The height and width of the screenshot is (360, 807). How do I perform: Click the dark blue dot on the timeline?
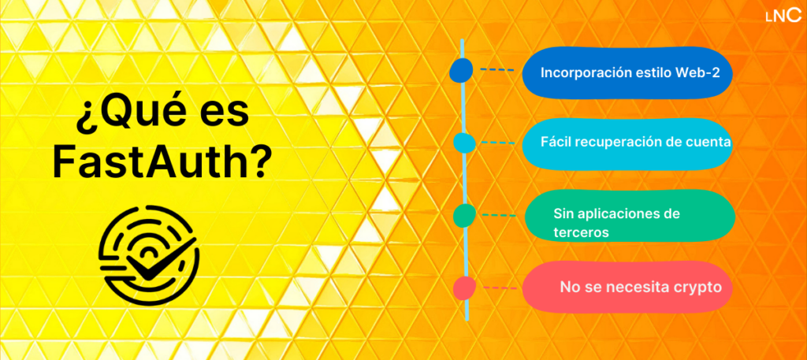click(x=460, y=71)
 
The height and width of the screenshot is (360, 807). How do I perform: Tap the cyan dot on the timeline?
click(x=464, y=143)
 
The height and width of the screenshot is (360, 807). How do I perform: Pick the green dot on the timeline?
click(x=464, y=214)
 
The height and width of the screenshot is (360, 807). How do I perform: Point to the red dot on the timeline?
click(x=464, y=288)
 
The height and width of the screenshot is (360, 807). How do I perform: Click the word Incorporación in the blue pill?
click(x=583, y=72)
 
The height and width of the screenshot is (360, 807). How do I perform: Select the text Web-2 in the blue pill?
click(x=696, y=72)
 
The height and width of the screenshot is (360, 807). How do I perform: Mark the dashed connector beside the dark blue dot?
click(x=496, y=69)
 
